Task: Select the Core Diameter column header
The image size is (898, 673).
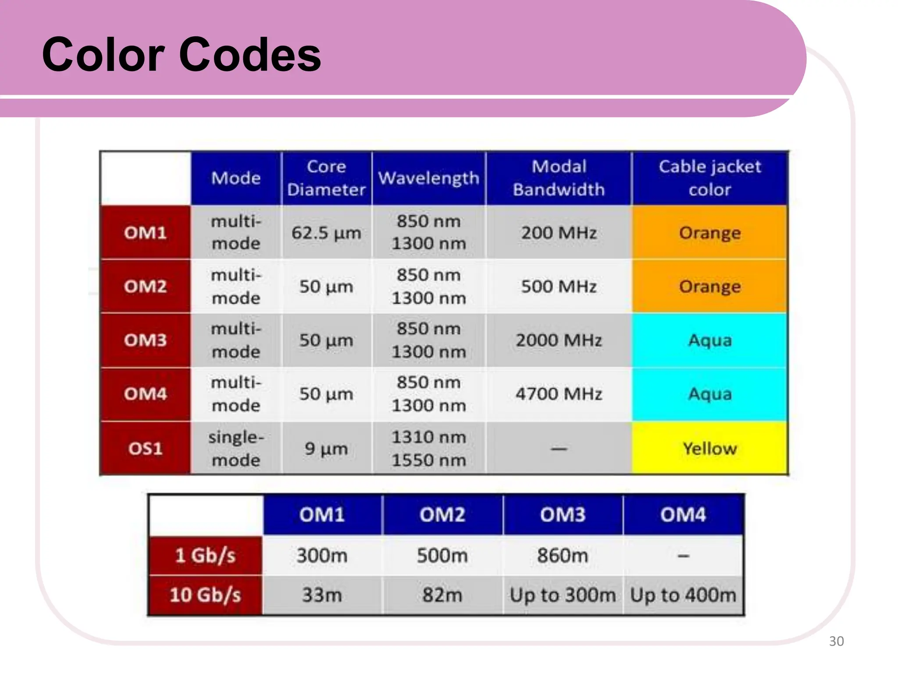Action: (326, 178)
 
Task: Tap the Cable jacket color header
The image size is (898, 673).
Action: (709, 178)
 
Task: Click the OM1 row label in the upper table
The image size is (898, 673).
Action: (146, 233)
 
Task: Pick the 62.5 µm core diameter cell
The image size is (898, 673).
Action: (326, 233)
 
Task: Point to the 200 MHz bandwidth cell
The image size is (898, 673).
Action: (559, 233)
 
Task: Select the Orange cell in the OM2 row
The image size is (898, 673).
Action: (709, 287)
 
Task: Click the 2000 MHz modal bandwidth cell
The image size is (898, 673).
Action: (559, 340)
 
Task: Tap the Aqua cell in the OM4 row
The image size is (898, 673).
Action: (709, 394)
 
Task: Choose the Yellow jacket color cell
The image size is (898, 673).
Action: (709, 448)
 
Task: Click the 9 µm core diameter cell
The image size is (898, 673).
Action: (326, 448)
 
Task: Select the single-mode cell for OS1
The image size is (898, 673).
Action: (236, 448)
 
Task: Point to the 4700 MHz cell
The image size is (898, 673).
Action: (559, 394)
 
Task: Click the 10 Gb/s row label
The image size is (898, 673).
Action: (205, 595)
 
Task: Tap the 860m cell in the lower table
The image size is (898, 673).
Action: (563, 556)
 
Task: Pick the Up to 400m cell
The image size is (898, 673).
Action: (683, 595)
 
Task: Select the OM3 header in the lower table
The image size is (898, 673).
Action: (563, 514)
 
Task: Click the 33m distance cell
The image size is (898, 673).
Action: (322, 595)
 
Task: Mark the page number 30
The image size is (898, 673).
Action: (836, 641)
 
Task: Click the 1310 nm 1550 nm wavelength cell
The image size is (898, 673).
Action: (428, 448)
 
